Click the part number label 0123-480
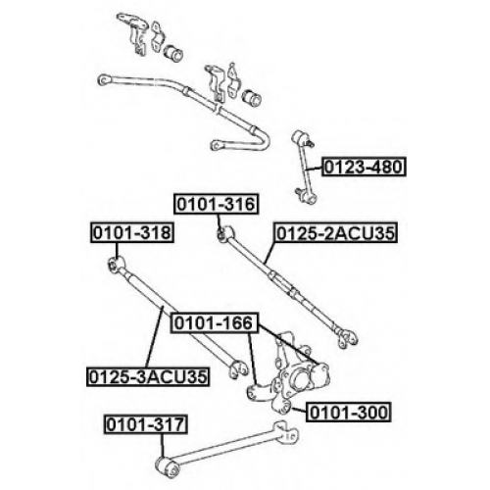[x=364, y=167]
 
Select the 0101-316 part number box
[x=217, y=205]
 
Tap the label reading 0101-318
[x=132, y=233]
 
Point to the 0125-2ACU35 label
[x=336, y=233]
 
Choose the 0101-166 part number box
[x=215, y=323]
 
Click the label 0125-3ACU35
[x=148, y=377]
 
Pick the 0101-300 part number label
[x=348, y=413]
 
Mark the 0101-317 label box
[x=146, y=424]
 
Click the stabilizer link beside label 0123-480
[x=304, y=168]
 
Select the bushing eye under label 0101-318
[x=116, y=264]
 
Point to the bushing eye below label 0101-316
[x=225, y=234]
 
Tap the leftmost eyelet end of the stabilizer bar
[x=104, y=80]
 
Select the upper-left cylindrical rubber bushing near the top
[x=173, y=53]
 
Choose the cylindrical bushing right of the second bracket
[x=251, y=96]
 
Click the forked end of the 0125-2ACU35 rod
[x=347, y=338]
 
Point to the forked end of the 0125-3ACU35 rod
[x=239, y=368]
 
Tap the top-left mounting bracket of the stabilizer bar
[x=133, y=32]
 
